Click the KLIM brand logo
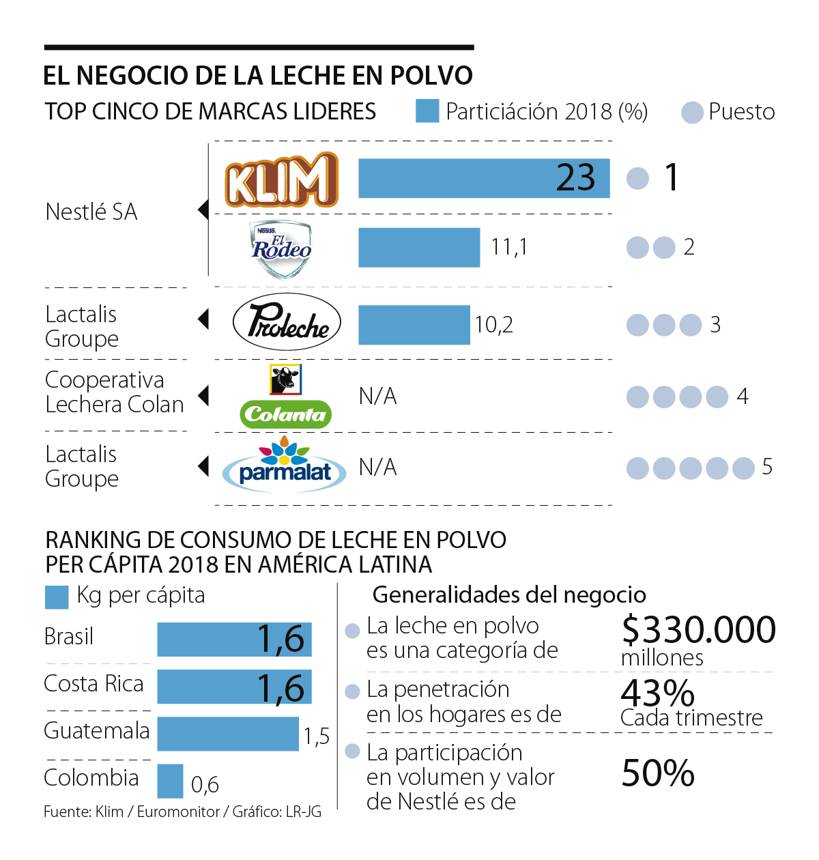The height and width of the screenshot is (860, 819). [x=282, y=180]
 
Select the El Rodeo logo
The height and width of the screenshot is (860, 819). [x=281, y=248]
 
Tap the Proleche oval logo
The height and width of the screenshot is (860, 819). [x=287, y=322]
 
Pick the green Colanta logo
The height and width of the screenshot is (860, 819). [x=286, y=414]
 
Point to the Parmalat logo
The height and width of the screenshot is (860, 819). [x=284, y=468]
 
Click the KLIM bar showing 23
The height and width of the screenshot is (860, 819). [x=483, y=179]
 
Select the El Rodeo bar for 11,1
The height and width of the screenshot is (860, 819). [x=419, y=248]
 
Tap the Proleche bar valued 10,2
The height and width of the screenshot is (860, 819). [x=414, y=325]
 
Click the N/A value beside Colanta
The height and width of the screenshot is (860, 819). [x=377, y=396]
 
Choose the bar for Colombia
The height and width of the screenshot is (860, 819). [x=170, y=781]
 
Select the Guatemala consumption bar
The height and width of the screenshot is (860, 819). [x=228, y=734]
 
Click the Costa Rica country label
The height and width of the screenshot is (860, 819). [x=94, y=684]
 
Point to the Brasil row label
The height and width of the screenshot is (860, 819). [x=68, y=637]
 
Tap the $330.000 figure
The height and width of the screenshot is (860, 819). [x=698, y=629]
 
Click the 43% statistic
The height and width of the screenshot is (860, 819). [x=657, y=693]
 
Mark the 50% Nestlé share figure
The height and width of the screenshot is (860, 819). [x=658, y=773]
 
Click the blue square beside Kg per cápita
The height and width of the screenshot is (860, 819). [x=57, y=597]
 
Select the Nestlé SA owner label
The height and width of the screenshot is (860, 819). [x=91, y=212]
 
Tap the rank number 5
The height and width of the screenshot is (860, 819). [x=767, y=467]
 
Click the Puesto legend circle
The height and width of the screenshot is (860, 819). [x=692, y=113]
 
